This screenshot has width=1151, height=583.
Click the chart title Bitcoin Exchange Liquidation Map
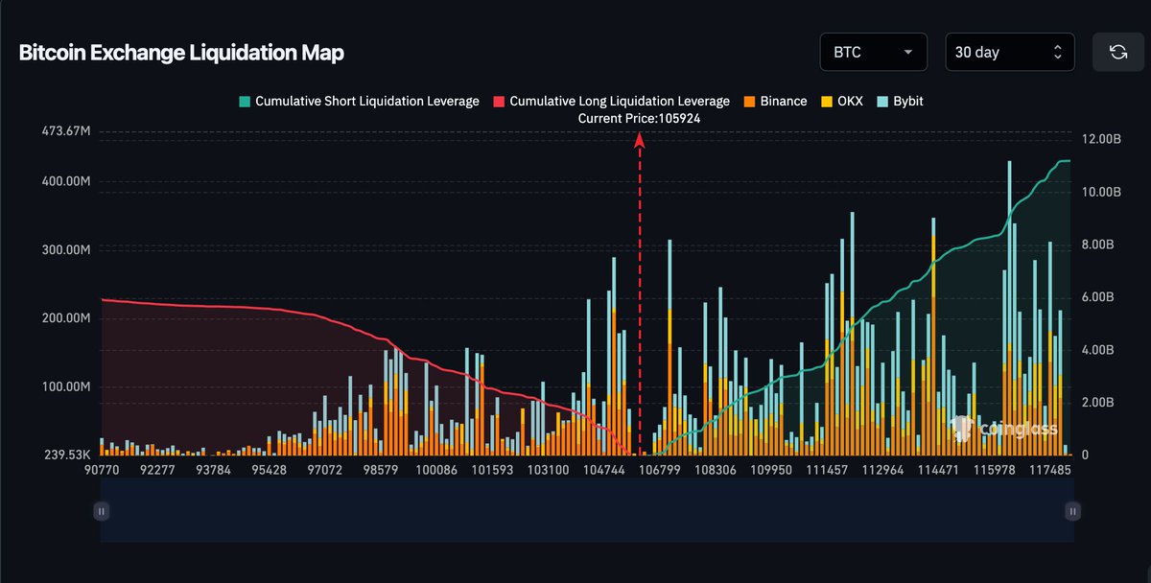pyautogui.click(x=181, y=53)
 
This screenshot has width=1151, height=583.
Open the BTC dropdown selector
pyautogui.click(x=873, y=52)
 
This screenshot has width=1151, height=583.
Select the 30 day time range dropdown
pyautogui.click(x=1009, y=52)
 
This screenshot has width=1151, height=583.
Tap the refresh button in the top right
pyautogui.click(x=1118, y=52)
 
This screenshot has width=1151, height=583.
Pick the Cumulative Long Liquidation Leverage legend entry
pyautogui.click(x=611, y=101)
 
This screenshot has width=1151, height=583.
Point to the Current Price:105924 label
pyautogui.click(x=639, y=118)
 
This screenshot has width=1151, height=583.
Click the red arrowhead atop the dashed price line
pyautogui.click(x=640, y=140)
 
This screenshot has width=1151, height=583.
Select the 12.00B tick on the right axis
pyautogui.click(x=1100, y=139)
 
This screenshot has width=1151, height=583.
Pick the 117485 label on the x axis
pyautogui.click(x=1050, y=471)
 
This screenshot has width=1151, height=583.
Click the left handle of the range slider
pyautogui.click(x=101, y=511)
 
